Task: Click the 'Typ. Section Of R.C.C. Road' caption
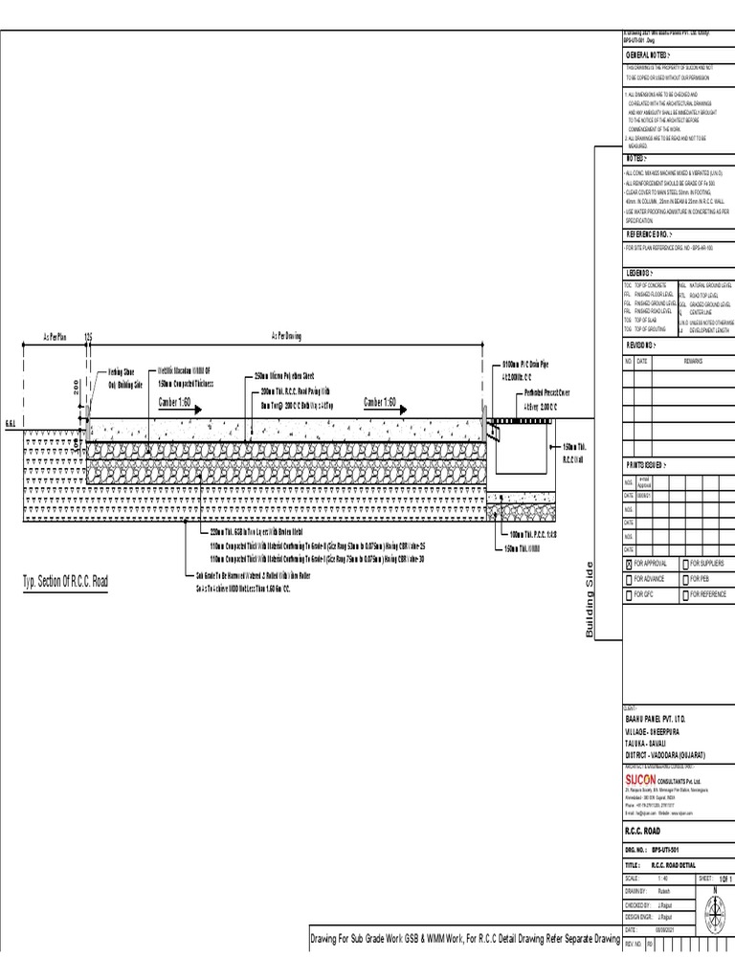coord(65,582)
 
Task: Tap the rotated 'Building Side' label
coord(590,600)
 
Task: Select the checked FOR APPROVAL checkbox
coord(629,564)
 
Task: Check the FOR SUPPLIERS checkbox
coord(684,564)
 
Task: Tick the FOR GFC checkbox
coord(629,594)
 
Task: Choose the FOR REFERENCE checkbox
coord(684,594)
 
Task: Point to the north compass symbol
coord(714,905)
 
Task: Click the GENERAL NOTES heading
coord(649,56)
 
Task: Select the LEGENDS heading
coord(644,273)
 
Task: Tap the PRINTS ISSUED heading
coord(650,464)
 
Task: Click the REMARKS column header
coord(692,361)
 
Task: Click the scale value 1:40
coord(662,877)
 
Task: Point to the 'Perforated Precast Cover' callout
coord(546,392)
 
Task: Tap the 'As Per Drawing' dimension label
coord(286,337)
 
